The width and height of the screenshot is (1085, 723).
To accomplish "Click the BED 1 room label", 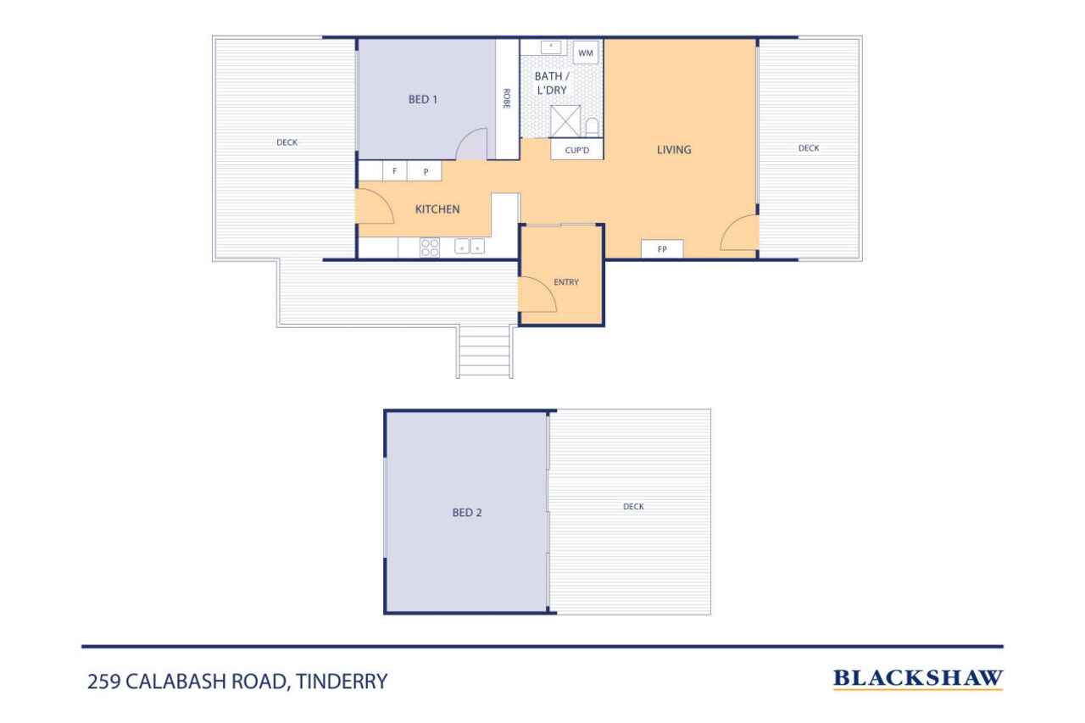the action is [x=422, y=100].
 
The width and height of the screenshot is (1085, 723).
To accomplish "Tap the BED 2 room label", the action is [x=467, y=512].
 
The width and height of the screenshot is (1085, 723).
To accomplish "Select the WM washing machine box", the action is [x=586, y=53].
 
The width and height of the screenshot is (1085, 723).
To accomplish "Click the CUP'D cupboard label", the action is [x=577, y=150].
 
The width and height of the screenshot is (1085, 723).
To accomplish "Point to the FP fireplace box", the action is [x=662, y=249].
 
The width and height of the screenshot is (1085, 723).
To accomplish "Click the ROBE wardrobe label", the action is [x=507, y=99].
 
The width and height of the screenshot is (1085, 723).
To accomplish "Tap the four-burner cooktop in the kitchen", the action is [x=430, y=247].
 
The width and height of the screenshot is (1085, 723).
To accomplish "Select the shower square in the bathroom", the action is [x=565, y=121].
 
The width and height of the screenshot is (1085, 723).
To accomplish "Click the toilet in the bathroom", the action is [x=592, y=127].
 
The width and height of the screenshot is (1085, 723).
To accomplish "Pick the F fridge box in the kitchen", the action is [x=395, y=171].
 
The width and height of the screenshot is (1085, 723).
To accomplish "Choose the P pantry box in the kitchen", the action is [x=425, y=171].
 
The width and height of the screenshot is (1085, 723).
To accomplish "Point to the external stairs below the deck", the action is [x=484, y=351].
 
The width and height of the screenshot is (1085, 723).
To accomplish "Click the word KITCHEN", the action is [x=437, y=209].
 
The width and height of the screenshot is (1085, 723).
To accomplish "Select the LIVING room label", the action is [x=674, y=150].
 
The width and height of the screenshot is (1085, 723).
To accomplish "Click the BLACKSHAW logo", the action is [x=918, y=679].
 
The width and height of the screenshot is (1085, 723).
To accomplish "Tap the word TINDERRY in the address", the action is [x=342, y=681].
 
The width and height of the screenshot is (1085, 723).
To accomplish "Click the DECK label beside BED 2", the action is [x=633, y=507].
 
